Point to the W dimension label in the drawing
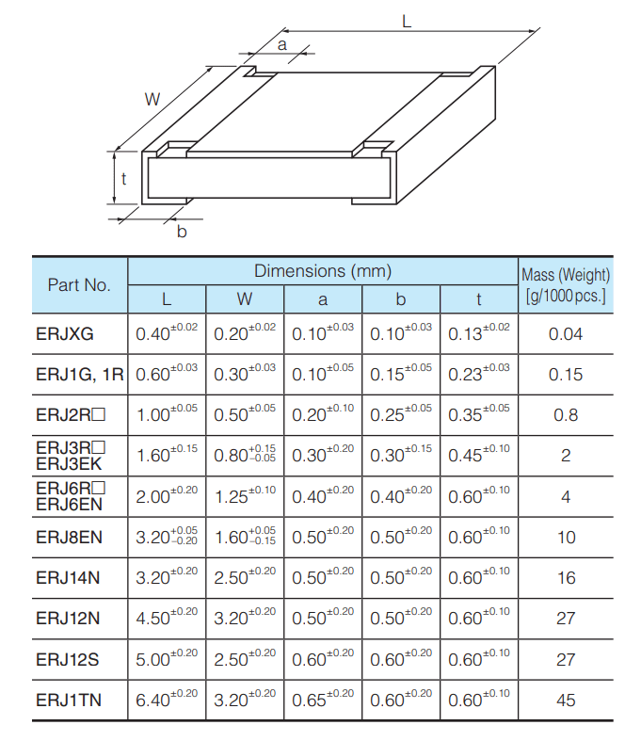coord(152,98)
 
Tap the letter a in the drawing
coord(281,44)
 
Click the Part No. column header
coord(79,284)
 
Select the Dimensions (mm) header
coord(322,271)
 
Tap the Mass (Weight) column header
coord(565,285)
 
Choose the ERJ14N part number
coord(68,577)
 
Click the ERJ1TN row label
coord(69,700)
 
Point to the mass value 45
coord(566,700)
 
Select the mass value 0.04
coord(566,334)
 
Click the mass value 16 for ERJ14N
coord(566,577)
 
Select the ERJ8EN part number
coord(68,537)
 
